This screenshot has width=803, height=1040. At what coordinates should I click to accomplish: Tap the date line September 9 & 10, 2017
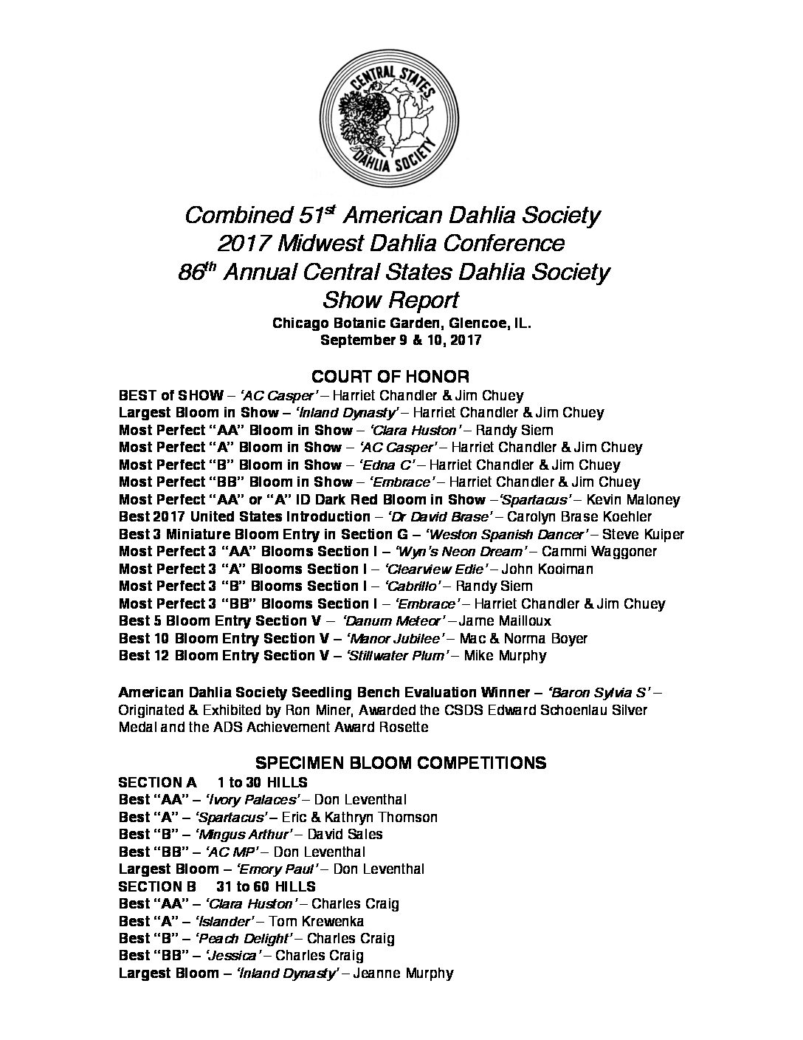[400, 341]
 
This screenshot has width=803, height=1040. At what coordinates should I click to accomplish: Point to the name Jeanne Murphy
[402, 974]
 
